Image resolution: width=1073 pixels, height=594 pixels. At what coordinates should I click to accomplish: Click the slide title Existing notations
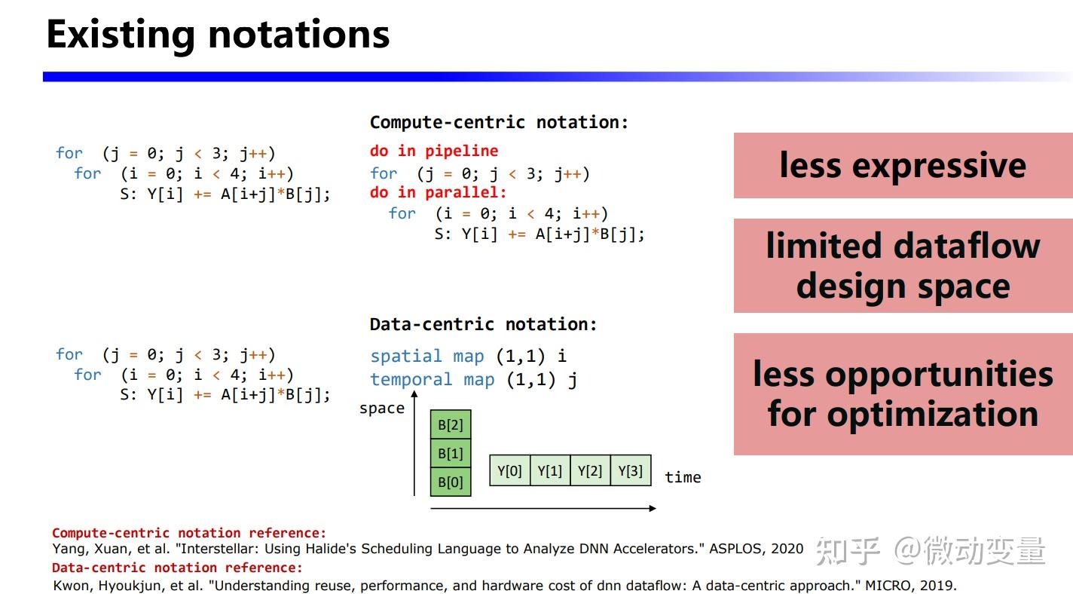click(x=218, y=35)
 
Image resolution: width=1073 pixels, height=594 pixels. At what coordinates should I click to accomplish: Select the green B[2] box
click(x=451, y=425)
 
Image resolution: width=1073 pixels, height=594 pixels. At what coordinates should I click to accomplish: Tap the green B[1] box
click(x=451, y=454)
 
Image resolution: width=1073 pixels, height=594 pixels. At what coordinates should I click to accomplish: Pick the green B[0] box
click(x=451, y=482)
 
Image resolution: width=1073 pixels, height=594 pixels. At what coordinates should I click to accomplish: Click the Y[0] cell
click(x=509, y=470)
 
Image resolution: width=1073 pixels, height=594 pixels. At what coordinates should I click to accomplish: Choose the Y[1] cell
click(x=550, y=470)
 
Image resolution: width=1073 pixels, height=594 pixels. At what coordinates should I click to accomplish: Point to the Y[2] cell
click(x=590, y=470)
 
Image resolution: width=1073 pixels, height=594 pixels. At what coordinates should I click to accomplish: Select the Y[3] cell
click(x=631, y=470)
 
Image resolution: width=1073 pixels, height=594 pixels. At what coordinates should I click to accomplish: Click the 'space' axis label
click(x=382, y=409)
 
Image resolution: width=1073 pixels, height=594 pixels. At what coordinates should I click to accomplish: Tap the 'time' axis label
click(x=683, y=477)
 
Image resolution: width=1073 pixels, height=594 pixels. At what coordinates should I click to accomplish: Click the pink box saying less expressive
click(x=903, y=165)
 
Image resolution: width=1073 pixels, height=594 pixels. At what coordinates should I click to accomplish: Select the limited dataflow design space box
click(x=903, y=265)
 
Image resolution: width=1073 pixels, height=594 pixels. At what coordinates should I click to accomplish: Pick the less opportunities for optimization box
click(x=903, y=393)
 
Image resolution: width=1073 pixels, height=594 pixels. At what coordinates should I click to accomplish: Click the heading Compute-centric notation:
click(x=499, y=122)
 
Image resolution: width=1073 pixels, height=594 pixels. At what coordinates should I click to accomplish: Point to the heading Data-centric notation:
click(x=483, y=324)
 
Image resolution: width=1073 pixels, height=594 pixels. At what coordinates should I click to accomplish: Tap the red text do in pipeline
click(x=434, y=151)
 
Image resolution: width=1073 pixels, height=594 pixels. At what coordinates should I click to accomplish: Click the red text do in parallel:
click(x=439, y=192)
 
